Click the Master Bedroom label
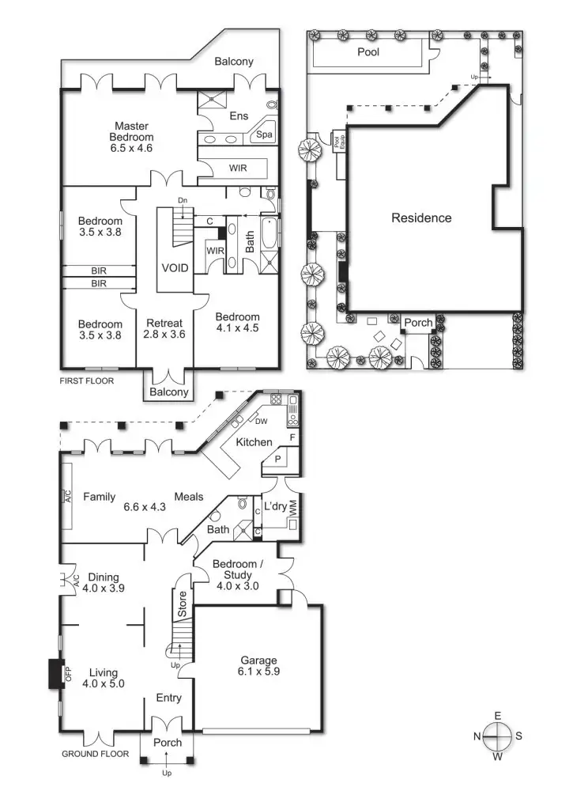coord(132,136)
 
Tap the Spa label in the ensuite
coord(264,135)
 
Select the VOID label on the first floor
coord(175,268)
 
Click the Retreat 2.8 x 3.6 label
coord(164,328)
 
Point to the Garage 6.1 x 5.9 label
coord(258,666)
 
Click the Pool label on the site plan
coord(368,52)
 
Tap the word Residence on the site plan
coord(421,218)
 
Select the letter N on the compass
coord(477,736)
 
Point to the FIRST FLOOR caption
coord(87,381)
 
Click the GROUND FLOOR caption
coord(95,754)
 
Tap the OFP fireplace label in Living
coord(68,674)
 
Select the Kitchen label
coord(254,441)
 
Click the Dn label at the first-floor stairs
coord(182,200)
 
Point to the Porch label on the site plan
coord(418,323)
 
